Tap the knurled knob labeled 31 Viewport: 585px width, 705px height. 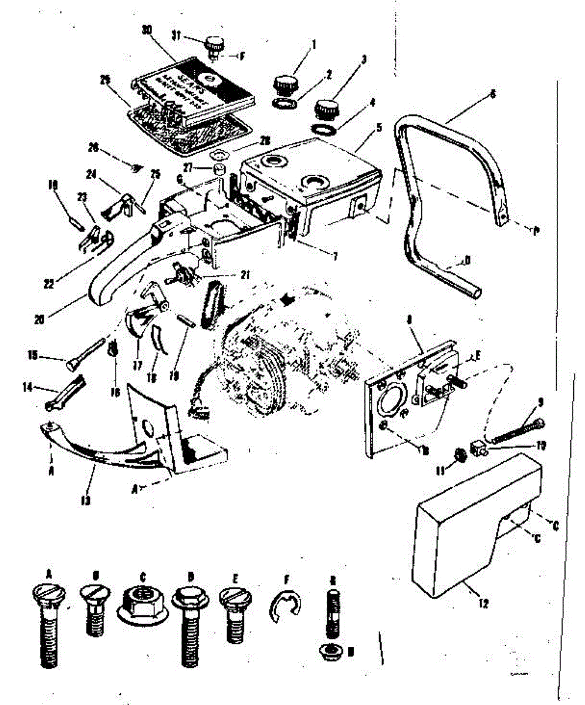click(x=213, y=45)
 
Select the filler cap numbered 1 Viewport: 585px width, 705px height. click(x=284, y=84)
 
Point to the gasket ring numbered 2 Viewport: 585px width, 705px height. click(x=285, y=103)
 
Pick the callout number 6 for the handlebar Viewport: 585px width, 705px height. click(x=492, y=93)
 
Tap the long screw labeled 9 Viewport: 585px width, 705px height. click(x=516, y=431)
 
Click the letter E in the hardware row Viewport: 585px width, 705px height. click(x=235, y=577)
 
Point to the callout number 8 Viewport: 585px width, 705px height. click(x=408, y=321)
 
